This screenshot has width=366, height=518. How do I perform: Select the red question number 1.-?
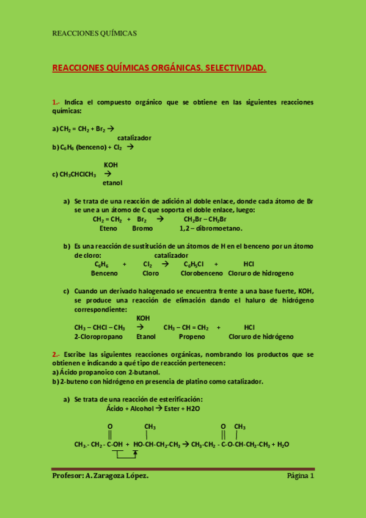click(x=56, y=102)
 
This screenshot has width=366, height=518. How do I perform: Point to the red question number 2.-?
click(x=56, y=354)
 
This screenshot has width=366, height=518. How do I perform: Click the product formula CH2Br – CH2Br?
click(x=205, y=219)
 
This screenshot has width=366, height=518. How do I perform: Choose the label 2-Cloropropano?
click(x=98, y=337)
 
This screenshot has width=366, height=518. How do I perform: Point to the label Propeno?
click(x=192, y=337)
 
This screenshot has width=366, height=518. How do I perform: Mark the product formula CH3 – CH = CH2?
click(x=186, y=327)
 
